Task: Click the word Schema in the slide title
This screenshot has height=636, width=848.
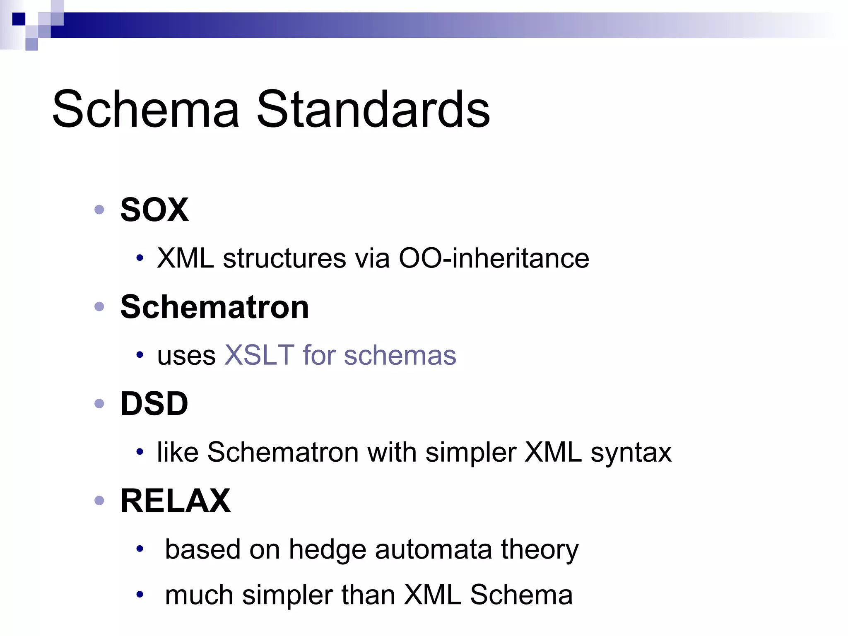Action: (x=146, y=109)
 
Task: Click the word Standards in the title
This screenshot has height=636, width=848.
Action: (x=373, y=109)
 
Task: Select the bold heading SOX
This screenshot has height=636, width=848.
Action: (x=154, y=210)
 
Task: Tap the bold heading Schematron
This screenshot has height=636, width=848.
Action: (x=214, y=307)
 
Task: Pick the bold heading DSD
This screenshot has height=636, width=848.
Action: (x=154, y=404)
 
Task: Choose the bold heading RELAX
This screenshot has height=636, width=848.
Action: (x=175, y=501)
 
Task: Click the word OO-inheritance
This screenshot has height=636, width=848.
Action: (x=494, y=258)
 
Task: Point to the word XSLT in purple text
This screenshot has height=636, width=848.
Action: (x=259, y=355)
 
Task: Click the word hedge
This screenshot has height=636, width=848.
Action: (x=328, y=549)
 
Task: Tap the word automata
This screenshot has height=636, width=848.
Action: (x=433, y=549)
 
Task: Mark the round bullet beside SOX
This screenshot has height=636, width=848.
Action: (x=99, y=210)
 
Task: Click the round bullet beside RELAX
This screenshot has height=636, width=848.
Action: (x=99, y=501)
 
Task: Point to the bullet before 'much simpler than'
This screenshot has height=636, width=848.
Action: (x=140, y=595)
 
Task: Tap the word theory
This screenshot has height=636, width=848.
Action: (x=540, y=549)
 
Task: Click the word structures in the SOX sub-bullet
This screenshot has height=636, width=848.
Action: (x=284, y=258)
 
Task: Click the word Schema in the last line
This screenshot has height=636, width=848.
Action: (x=521, y=595)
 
